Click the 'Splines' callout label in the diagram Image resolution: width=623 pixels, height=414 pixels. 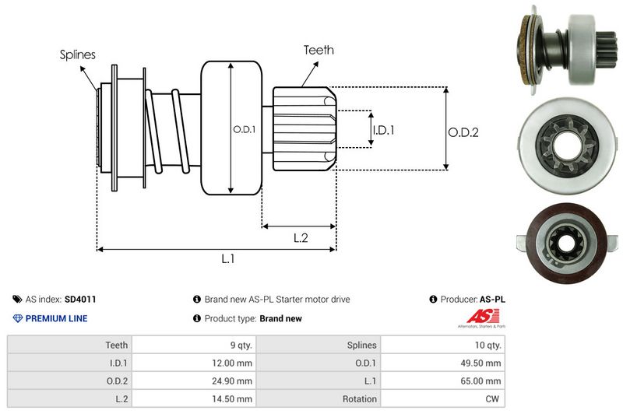click(77, 54)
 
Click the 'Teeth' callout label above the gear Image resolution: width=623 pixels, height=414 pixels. click(319, 50)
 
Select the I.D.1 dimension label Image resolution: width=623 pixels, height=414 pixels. click(383, 131)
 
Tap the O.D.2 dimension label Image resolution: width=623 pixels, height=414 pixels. click(463, 132)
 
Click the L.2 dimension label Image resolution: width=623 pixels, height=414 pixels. click(301, 238)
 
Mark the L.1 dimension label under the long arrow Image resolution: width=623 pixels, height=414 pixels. click(228, 259)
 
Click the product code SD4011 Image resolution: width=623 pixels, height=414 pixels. click(80, 299)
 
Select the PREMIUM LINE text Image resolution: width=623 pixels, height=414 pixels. click(56, 318)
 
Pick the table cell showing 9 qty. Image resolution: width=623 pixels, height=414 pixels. click(237, 345)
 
